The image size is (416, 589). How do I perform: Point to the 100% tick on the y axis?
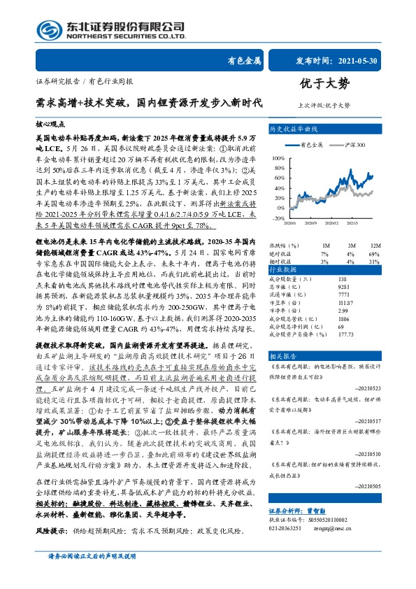click(x=275, y=158)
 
